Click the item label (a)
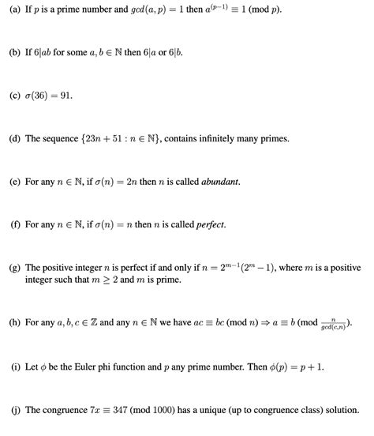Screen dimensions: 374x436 pos(15,9)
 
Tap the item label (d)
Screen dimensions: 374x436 pos(15,138)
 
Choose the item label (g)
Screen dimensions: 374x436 pos(15,268)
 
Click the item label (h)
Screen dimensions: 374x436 pos(15,323)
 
